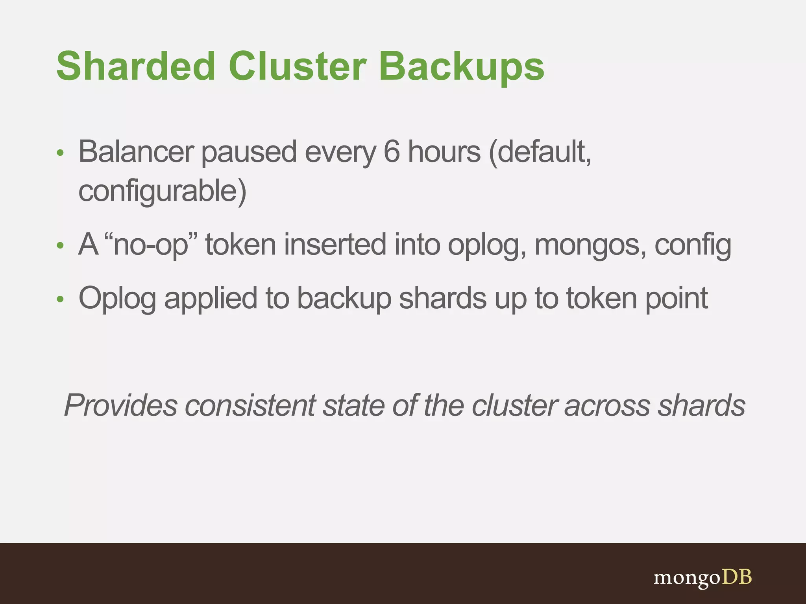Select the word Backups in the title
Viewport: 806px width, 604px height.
pos(461,67)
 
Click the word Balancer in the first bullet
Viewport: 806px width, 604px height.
pos(136,152)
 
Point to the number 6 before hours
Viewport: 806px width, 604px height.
pos(391,152)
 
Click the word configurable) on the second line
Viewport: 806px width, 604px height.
pos(162,191)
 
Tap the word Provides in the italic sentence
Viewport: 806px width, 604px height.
pos(120,405)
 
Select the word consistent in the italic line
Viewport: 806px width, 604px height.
pos(250,405)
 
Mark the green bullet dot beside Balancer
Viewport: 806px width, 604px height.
pos(60,153)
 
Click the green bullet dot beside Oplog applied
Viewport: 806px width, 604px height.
pos(60,300)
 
